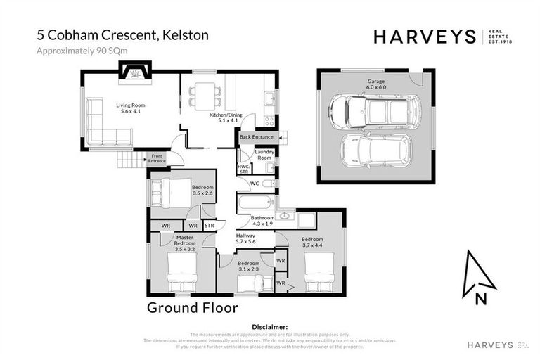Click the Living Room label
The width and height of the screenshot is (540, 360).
129,109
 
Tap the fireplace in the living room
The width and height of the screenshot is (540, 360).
133,70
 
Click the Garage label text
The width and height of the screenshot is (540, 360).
375,82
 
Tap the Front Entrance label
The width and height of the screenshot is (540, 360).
157,159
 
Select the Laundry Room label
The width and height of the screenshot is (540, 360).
264,155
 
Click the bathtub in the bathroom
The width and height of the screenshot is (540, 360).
254,204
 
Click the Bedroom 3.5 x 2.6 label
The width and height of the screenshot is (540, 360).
202,190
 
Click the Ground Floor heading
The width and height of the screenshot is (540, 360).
192,308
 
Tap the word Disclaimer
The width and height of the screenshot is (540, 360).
270,327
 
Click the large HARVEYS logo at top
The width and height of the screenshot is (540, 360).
425,37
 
